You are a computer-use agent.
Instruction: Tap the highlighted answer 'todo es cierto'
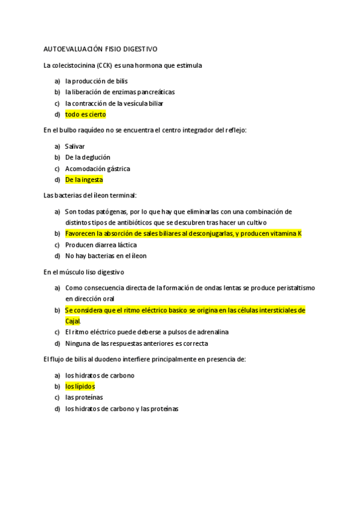85,114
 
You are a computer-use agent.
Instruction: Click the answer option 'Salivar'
75,146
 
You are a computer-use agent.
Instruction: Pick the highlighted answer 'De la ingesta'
84,179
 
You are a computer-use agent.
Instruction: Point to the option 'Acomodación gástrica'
97,168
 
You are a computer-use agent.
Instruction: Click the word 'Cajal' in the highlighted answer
72,321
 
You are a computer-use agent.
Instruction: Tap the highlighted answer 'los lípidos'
80,386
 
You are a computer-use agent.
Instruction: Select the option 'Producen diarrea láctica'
101,244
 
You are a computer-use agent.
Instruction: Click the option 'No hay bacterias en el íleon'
106,255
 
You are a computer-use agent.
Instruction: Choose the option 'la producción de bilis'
96,81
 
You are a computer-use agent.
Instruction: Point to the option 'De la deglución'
88,157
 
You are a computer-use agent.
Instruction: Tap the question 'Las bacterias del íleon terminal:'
91,195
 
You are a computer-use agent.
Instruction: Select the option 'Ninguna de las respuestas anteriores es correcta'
136,343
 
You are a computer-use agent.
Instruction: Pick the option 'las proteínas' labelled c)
83,397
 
